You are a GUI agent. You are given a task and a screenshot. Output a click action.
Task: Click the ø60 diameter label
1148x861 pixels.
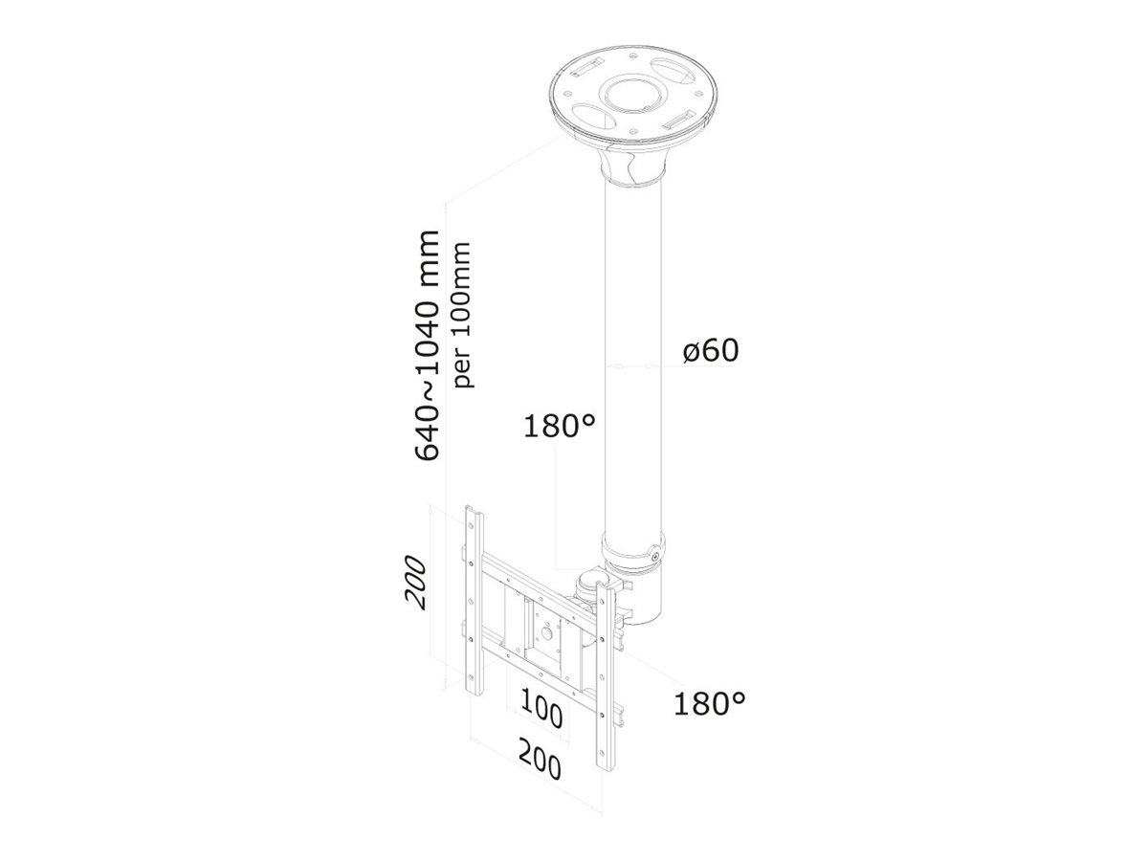click(x=711, y=352)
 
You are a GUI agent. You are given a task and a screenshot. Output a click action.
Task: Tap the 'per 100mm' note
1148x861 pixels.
click(x=464, y=316)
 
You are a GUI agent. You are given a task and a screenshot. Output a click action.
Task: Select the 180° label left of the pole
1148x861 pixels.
click(x=559, y=427)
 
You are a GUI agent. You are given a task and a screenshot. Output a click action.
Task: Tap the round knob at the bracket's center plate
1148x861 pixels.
click(x=546, y=631)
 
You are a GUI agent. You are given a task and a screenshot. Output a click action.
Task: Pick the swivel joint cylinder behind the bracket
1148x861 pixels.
click(x=585, y=585)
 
